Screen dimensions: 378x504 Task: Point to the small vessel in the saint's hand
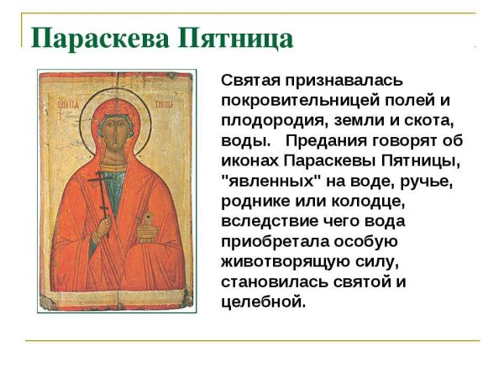pos(148,220)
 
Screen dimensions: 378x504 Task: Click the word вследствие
pos(269,222)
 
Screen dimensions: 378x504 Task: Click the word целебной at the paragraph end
pos(263,302)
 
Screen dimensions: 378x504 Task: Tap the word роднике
pos(255,202)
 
